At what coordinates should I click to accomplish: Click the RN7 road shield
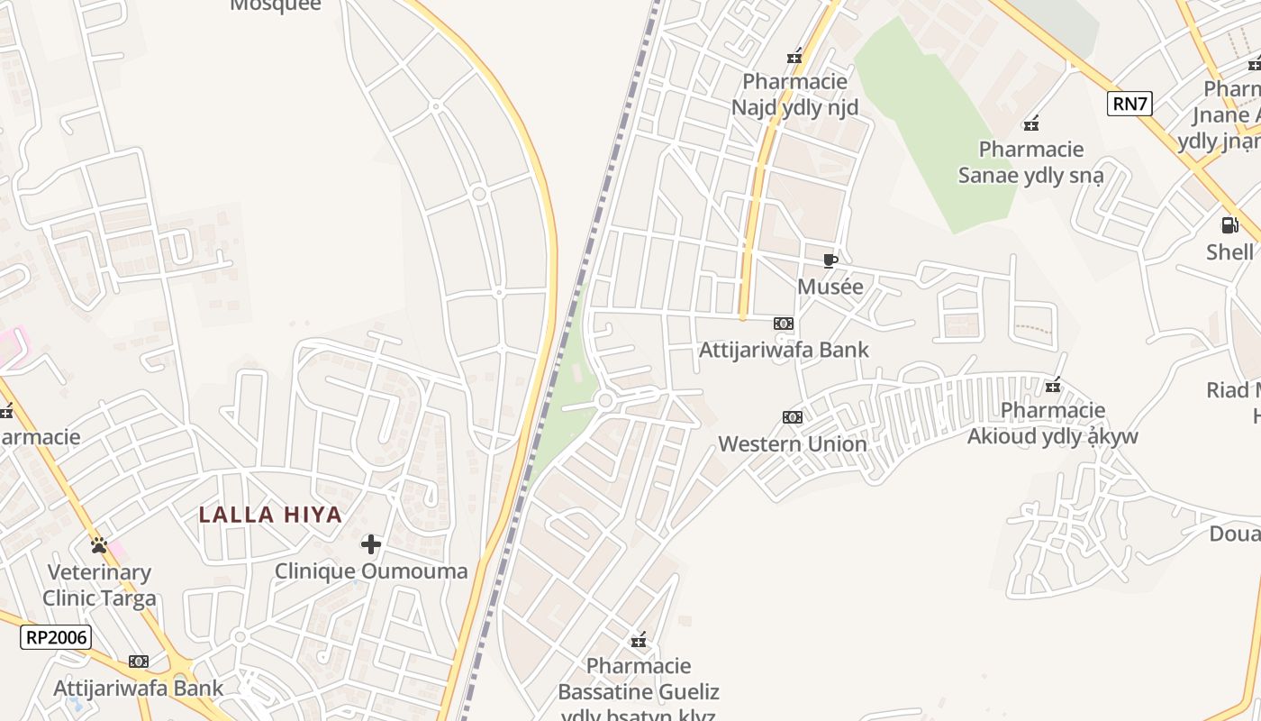point(1130,104)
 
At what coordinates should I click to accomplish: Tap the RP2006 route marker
point(56,637)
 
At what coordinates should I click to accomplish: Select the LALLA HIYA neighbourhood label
point(270,515)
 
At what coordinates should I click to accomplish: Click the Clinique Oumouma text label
point(371,571)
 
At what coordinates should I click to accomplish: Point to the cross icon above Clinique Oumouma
point(371,543)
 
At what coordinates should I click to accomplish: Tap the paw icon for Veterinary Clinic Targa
point(99,545)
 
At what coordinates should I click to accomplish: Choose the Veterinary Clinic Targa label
point(99,585)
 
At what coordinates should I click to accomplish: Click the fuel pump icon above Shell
point(1229,224)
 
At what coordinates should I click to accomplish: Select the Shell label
point(1229,251)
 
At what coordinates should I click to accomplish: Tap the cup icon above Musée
point(830,261)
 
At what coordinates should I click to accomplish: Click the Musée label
point(830,287)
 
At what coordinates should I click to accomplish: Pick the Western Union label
point(793,443)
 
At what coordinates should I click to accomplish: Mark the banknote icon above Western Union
point(793,416)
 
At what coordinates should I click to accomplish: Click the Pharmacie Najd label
point(794,95)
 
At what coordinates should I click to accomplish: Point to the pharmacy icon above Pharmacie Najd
point(794,57)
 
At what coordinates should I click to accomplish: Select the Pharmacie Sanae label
point(1031,161)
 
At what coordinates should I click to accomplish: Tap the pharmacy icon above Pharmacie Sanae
point(1031,123)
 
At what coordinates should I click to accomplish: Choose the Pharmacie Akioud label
point(1053,424)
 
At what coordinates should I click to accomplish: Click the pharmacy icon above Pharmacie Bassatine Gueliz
point(639,641)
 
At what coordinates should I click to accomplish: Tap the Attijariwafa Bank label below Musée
point(784,350)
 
